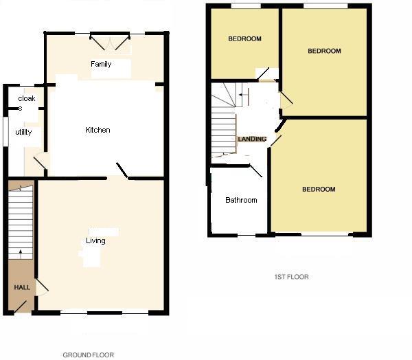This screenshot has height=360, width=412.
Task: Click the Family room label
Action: point(101,64)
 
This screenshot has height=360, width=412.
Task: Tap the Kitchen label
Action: point(98,130)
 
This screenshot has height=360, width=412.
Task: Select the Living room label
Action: point(95,240)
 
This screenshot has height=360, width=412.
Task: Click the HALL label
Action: point(22,286)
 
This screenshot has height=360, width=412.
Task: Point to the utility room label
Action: point(23,132)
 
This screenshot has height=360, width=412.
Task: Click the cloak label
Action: point(26,98)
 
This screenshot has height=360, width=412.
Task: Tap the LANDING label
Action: point(252,139)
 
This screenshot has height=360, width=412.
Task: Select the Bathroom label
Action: point(241,201)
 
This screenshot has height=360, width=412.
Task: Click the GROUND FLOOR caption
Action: point(87,355)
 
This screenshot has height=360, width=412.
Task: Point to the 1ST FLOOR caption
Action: point(291,277)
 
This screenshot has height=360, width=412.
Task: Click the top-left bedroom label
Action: point(244,39)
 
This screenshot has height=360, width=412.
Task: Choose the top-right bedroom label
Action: point(324,52)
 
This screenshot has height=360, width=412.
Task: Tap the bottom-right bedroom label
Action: point(319,189)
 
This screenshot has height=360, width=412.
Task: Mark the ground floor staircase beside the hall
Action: point(22,220)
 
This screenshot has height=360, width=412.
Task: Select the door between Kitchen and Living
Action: point(122,170)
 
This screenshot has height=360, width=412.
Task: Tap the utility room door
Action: point(40,163)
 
